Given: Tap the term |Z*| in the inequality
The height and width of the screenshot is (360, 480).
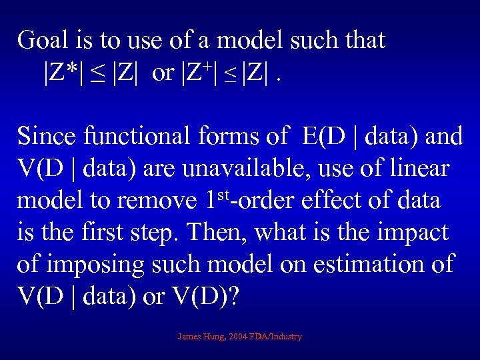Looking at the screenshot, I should click(64, 73).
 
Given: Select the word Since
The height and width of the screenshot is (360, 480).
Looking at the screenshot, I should click(47, 137).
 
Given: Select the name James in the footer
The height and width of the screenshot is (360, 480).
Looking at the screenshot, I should click(190, 337).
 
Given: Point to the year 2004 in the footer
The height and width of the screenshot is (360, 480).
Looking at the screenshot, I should click(237, 337).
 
